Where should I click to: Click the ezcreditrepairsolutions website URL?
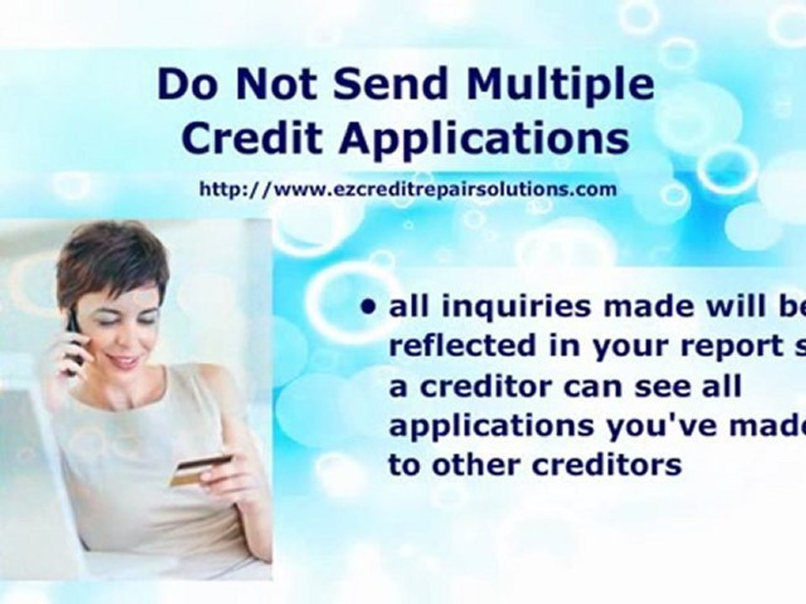(x=408, y=190)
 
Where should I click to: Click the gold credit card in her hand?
(x=200, y=470)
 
